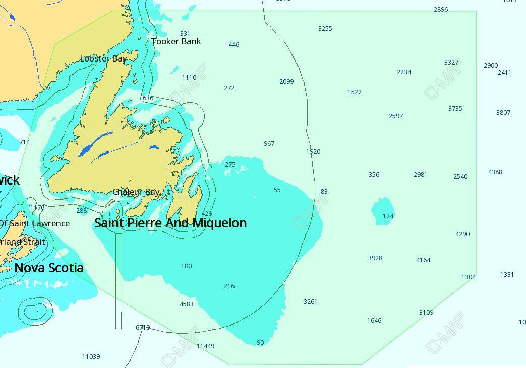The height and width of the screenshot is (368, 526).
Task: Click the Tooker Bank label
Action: coord(176,42)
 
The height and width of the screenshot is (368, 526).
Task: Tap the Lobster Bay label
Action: coord(103,59)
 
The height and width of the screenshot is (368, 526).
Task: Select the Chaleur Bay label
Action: coord(136,192)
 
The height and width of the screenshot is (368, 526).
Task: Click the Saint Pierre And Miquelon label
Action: coord(170,223)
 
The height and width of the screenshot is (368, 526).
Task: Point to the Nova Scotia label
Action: coord(49,268)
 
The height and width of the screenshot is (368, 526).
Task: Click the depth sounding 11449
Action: coord(205,346)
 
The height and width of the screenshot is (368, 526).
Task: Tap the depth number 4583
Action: coord(187,304)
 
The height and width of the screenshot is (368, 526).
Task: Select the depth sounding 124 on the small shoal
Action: coord(388,216)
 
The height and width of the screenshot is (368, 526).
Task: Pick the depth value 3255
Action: coord(325,29)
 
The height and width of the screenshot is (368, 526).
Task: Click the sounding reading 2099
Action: coord(286,82)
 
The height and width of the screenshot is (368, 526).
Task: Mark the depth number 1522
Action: coord(355,92)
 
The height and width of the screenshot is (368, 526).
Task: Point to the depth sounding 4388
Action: coord(495,172)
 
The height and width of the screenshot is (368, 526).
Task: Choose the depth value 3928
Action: coord(375,258)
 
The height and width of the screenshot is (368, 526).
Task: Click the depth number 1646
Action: coord(374,321)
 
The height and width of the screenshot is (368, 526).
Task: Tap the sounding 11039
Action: coord(91,357)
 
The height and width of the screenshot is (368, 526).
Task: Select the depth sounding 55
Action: coord(277,190)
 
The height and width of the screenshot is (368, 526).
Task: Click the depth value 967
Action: coord(269,144)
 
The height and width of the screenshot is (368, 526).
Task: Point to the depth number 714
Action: coord(25,142)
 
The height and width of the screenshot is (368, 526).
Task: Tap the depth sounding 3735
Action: coord(455,109)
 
